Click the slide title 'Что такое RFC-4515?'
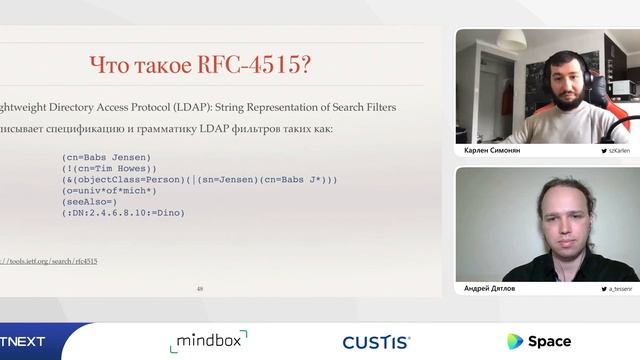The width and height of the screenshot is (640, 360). pos(200,66)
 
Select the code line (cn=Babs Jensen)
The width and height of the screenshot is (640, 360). pos(106,157)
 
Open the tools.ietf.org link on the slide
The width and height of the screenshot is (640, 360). pos(50,261)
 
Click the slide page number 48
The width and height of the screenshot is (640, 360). pos(200,289)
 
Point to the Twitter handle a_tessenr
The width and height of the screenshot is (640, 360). pos(615,288)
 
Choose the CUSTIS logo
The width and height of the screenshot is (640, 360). pos(376,342)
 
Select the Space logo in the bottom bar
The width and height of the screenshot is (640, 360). pos(539,341)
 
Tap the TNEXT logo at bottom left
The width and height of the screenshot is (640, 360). pos(24,342)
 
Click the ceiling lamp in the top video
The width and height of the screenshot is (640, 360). pos(511,41)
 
